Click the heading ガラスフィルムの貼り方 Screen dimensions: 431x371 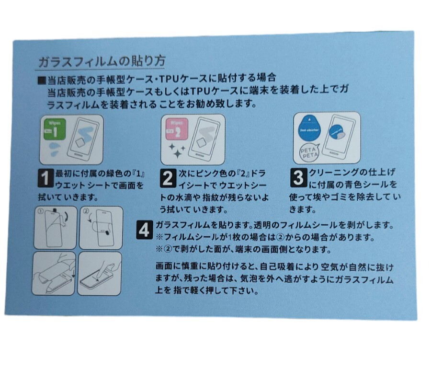tap(102, 62)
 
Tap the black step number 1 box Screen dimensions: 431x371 tap(45, 178)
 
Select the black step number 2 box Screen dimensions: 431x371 tap(168, 178)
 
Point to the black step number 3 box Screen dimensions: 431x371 tap(298, 178)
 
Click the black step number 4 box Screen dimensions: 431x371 tap(144, 230)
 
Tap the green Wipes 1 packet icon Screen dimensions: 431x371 tap(55, 129)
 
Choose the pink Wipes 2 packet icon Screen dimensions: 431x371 tap(176, 129)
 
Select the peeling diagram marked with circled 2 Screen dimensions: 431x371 tap(101, 228)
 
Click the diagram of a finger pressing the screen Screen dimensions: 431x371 tap(100, 274)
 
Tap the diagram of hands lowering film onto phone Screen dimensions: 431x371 tap(54, 274)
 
